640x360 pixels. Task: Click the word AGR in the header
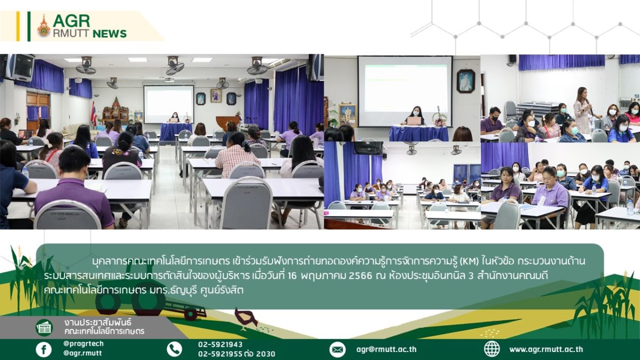pyautogui.click(x=71, y=21)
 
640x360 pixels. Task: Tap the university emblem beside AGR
pyautogui.click(x=44, y=26)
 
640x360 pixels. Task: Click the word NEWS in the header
pyautogui.click(x=110, y=34)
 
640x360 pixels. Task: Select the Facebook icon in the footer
pyautogui.click(x=44, y=349)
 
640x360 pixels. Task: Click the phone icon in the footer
pyautogui.click(x=174, y=349)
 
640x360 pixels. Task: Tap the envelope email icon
pyautogui.click(x=338, y=349)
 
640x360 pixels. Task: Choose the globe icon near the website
pyautogui.click(x=492, y=349)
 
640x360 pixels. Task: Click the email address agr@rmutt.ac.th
pyautogui.click(x=386, y=349)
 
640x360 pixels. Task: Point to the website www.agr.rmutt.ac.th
pyautogui.click(x=546, y=349)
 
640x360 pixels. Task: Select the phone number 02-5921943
pyautogui.click(x=220, y=345)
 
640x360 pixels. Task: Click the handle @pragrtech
pyautogui.click(x=83, y=343)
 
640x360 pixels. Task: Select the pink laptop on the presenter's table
pyautogui.click(x=414, y=121)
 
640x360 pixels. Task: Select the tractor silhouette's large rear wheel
pyautogui.click(x=149, y=300)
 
